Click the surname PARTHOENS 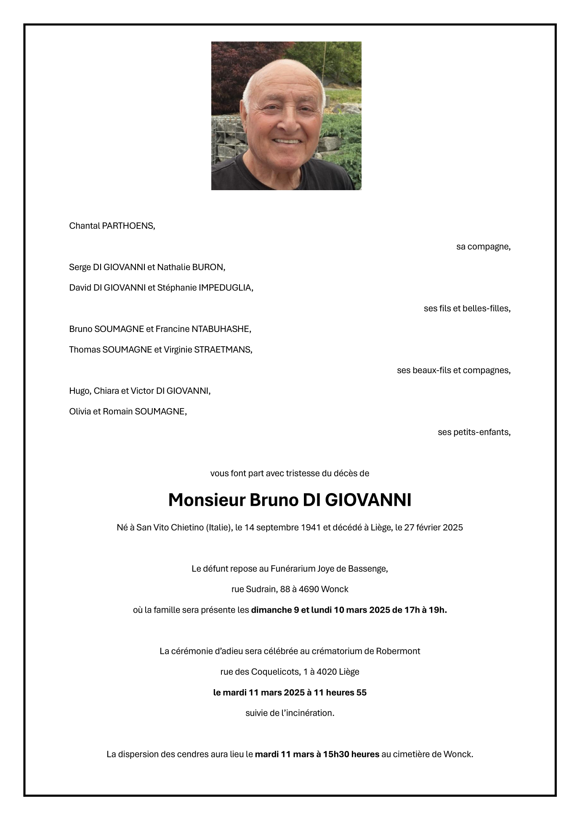128,226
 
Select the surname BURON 208,267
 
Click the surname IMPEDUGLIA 226,288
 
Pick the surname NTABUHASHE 221,329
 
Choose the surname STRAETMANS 223,350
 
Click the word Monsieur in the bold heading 207,500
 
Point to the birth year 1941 311,528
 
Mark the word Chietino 187,528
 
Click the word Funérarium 293,569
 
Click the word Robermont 398,651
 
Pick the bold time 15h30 336,754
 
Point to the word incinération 309,713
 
